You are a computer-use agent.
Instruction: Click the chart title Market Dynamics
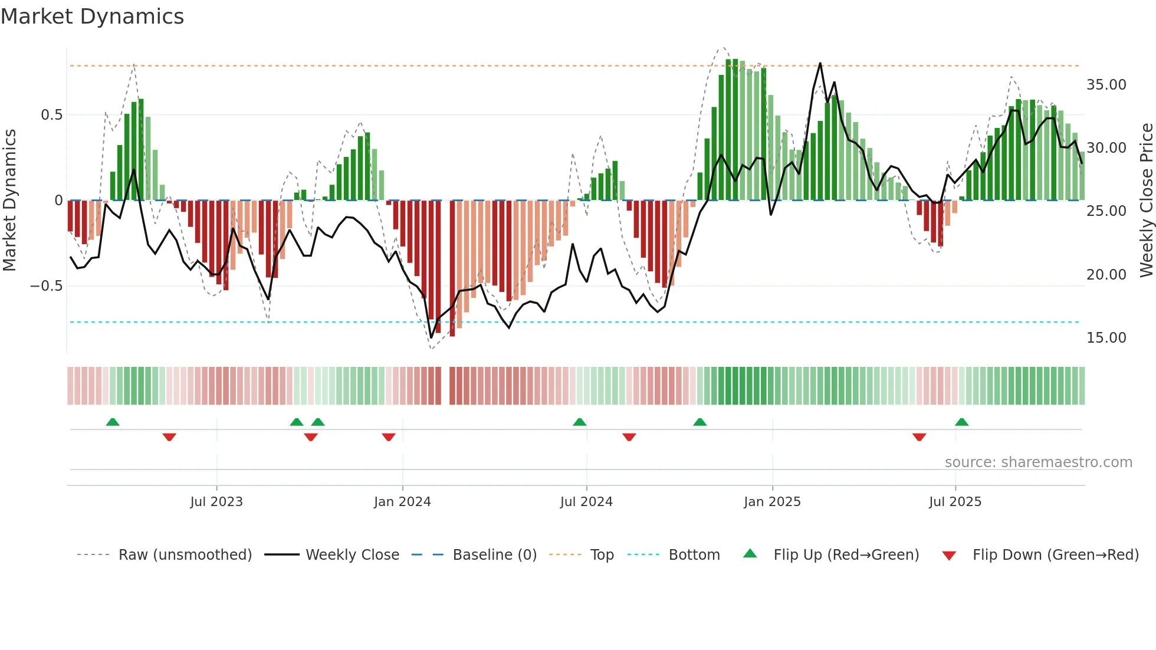tap(92, 17)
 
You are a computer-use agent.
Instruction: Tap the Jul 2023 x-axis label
tap(216, 502)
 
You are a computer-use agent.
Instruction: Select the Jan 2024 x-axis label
tap(402, 502)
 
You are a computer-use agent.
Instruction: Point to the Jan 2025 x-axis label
tap(772, 502)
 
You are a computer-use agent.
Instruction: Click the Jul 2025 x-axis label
tap(955, 502)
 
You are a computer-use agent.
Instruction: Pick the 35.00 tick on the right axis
tap(1106, 85)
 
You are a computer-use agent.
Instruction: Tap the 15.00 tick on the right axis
tap(1106, 338)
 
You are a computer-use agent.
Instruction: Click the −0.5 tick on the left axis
tap(46, 286)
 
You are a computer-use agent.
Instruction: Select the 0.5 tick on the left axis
tap(51, 115)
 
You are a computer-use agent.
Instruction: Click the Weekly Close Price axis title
tap(1146, 201)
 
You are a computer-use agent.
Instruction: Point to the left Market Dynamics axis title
tap(9, 201)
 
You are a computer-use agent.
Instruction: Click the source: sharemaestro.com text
tap(1038, 462)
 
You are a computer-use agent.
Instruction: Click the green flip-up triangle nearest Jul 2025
tap(961, 422)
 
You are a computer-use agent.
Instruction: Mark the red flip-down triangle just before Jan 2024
tap(388, 437)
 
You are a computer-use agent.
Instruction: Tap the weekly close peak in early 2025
tap(820, 63)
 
